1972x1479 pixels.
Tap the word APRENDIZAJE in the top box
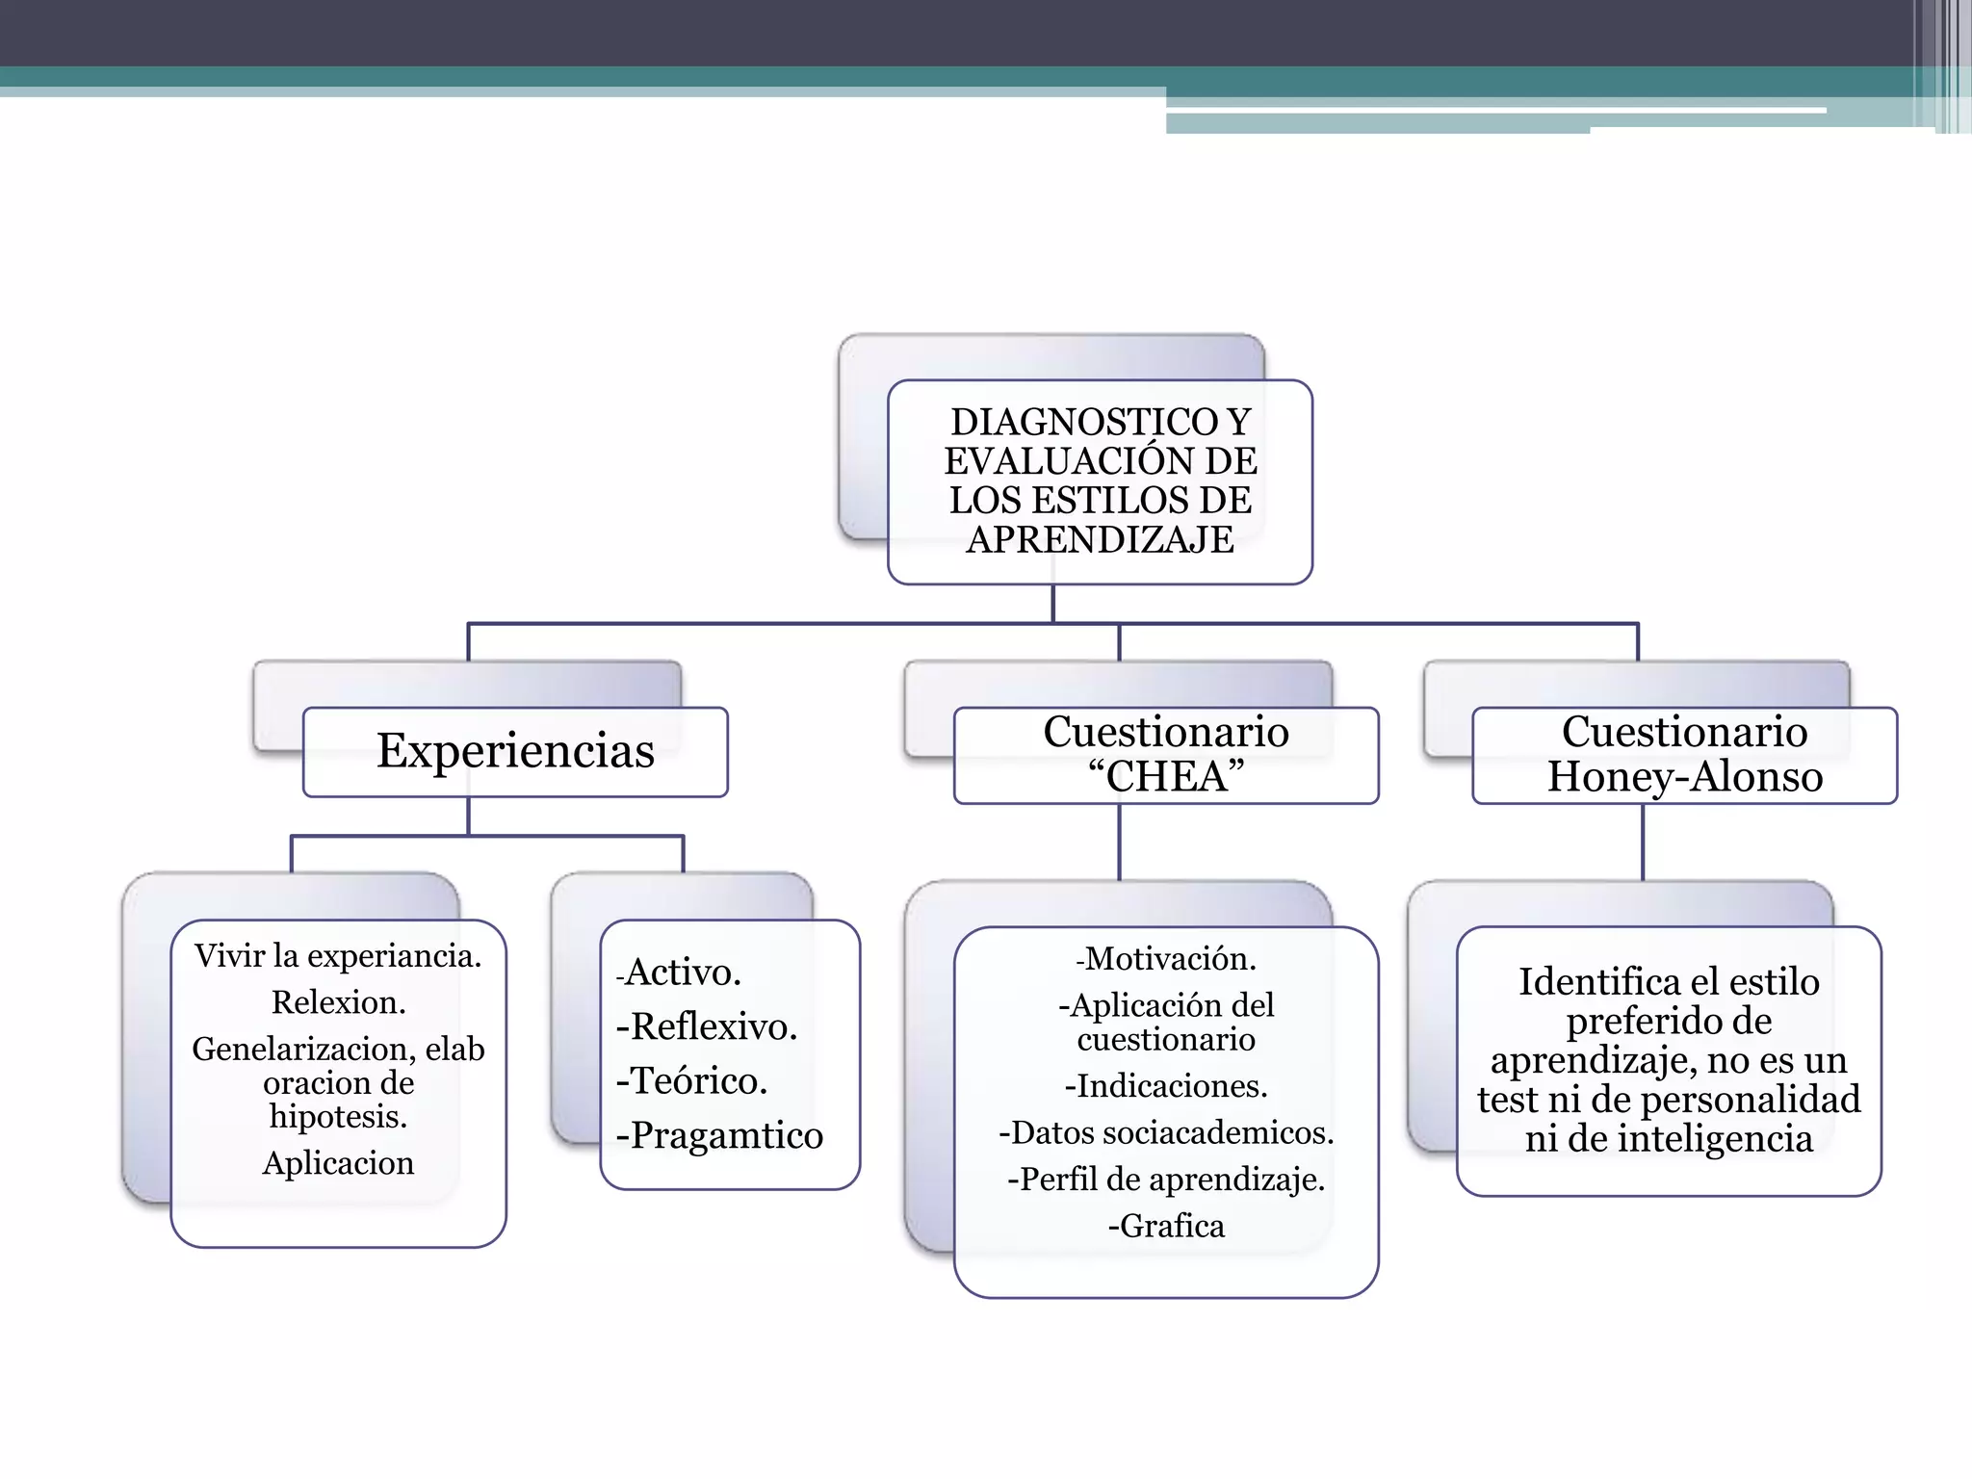tap(1100, 539)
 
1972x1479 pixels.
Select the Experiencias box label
tap(515, 751)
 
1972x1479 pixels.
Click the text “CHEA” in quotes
tap(1165, 777)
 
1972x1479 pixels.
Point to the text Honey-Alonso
tap(1685, 777)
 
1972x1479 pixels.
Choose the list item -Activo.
tap(679, 973)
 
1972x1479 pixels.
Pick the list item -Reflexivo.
tap(707, 1026)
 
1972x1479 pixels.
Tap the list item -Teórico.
tap(691, 1080)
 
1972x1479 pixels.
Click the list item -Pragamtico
tap(719, 1135)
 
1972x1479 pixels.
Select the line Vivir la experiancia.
tap(338, 955)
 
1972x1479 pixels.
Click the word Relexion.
tap(338, 1002)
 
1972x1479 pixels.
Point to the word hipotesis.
tap(338, 1117)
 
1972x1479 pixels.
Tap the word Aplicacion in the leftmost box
tap(338, 1163)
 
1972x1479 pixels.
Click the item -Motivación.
tap(1166, 959)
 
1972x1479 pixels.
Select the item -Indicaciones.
tap(1166, 1086)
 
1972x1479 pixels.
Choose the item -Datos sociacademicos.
tap(1166, 1133)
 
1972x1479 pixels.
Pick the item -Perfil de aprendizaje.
tap(1166, 1180)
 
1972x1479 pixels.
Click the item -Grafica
tap(1166, 1226)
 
